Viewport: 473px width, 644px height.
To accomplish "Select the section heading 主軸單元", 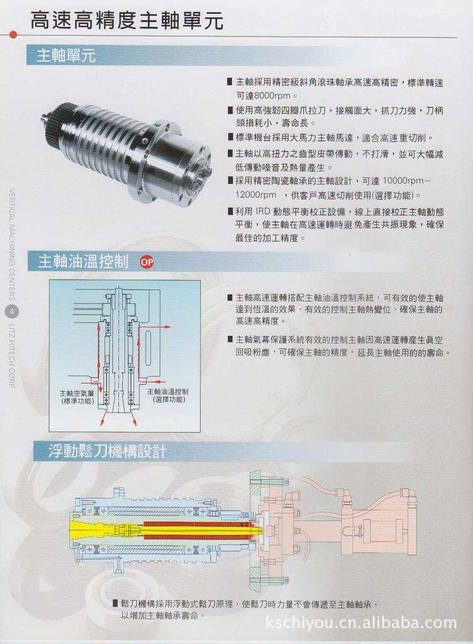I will click(x=66, y=55).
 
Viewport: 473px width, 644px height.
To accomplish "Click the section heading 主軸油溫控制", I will click(x=83, y=262).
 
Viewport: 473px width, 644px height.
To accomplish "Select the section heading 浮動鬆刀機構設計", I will click(x=107, y=451).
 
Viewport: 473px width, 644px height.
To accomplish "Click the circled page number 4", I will click(x=13, y=311).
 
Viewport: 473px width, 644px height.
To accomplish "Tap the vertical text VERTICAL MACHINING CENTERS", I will click(x=13, y=245).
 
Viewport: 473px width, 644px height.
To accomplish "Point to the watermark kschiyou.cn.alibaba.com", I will click(x=361, y=623).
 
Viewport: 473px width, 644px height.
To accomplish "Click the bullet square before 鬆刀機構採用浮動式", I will click(x=115, y=602).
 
